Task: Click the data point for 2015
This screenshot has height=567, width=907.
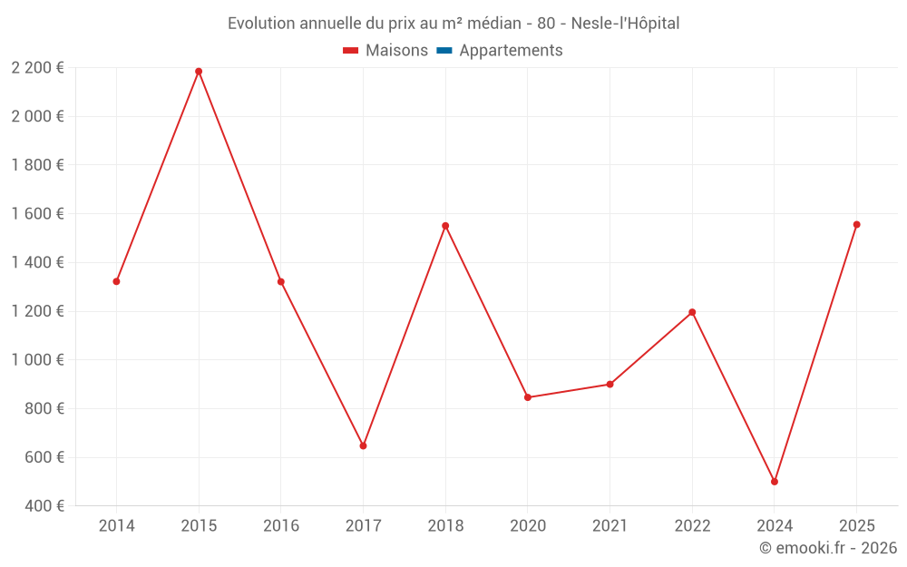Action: click(x=199, y=72)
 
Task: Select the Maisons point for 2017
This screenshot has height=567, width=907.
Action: click(x=363, y=445)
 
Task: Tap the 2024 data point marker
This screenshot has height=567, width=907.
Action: click(x=775, y=482)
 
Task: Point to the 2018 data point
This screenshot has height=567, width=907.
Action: click(x=445, y=226)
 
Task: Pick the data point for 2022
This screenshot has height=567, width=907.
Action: click(x=692, y=312)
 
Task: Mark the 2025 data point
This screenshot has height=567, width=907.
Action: click(x=856, y=225)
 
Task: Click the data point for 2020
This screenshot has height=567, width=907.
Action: click(x=528, y=397)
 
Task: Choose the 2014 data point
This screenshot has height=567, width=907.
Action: click(x=116, y=281)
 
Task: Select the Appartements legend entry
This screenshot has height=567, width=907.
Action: click(x=511, y=51)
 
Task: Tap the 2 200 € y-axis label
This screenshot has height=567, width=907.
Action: click(x=37, y=68)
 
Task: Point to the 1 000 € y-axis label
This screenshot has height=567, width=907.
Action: click(x=37, y=360)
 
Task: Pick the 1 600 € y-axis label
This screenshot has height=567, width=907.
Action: click(x=37, y=214)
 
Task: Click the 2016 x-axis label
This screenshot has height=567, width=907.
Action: click(x=281, y=526)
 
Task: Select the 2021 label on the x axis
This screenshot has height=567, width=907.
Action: click(x=610, y=526)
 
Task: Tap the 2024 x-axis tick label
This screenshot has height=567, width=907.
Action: click(x=775, y=526)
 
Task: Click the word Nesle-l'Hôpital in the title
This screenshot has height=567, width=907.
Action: click(x=625, y=24)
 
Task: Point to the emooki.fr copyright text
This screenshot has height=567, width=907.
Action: click(x=828, y=548)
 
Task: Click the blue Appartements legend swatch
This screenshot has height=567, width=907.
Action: click(x=444, y=51)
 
